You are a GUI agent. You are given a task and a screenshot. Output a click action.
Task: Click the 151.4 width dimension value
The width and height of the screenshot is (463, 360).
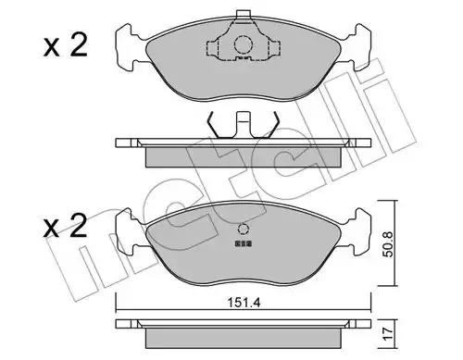point(244,303)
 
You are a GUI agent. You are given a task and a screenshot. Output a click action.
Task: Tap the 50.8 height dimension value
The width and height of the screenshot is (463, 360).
point(389,244)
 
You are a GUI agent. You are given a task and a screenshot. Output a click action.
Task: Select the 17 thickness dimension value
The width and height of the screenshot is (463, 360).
point(389,334)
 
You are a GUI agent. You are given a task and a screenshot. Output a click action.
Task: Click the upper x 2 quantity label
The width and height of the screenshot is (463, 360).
point(65,47)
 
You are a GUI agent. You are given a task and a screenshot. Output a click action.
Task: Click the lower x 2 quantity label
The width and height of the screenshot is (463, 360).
point(65,227)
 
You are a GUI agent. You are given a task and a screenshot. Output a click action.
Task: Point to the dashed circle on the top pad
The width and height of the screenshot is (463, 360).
point(244,45)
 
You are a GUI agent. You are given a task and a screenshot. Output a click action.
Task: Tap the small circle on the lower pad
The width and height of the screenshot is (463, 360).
point(244,230)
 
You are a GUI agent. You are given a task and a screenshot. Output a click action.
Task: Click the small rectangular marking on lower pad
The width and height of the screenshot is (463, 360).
point(244,243)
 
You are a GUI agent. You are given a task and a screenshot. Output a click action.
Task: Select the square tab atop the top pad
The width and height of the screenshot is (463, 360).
point(244,15)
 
